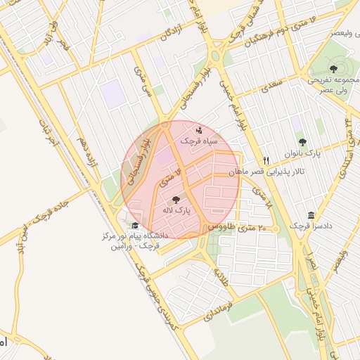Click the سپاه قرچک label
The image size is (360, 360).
tap(200, 141)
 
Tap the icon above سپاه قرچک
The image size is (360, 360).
tap(200, 130)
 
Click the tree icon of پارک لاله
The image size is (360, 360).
tap(175, 200)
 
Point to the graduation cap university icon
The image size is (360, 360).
tap(135, 226)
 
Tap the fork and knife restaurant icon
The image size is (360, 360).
tap(266, 160)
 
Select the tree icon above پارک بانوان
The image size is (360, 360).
tap(302, 141)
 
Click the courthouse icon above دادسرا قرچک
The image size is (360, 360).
tap(310, 215)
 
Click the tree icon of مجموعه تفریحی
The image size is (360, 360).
tap(333, 69)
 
